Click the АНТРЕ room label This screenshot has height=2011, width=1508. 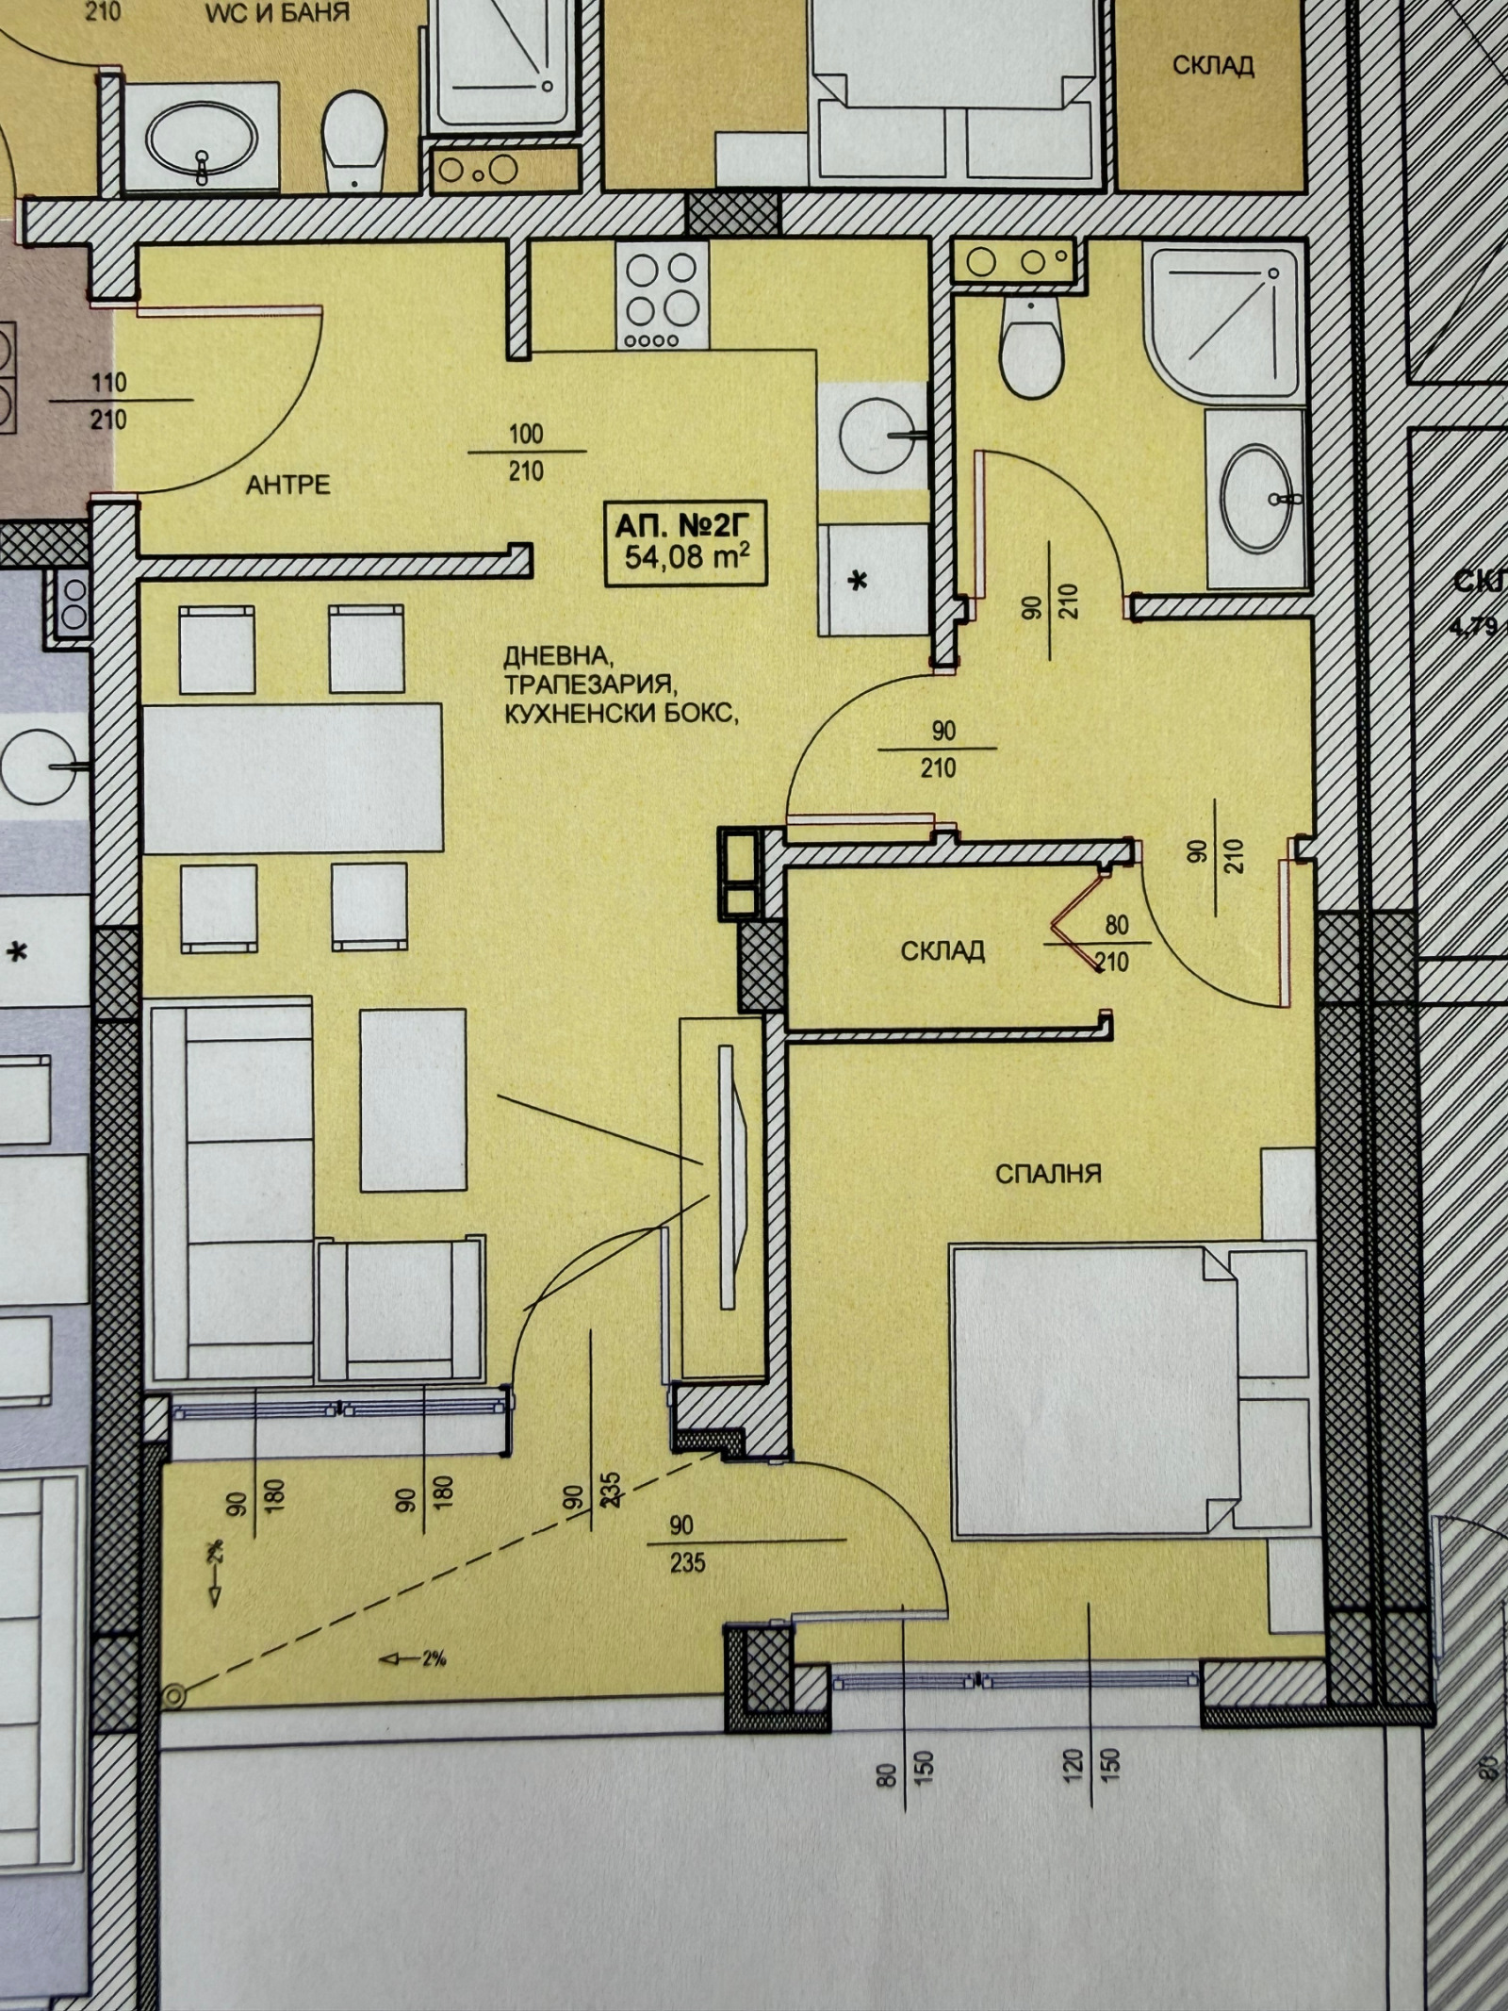click(x=287, y=485)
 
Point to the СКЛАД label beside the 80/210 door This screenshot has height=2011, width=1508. click(x=942, y=950)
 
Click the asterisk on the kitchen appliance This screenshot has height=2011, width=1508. click(x=859, y=582)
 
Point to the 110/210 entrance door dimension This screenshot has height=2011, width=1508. click(x=108, y=401)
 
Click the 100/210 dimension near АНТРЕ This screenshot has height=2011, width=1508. click(x=526, y=452)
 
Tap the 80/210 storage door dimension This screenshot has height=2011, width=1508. click(x=1117, y=944)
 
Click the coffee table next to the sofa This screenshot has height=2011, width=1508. click(x=413, y=1099)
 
